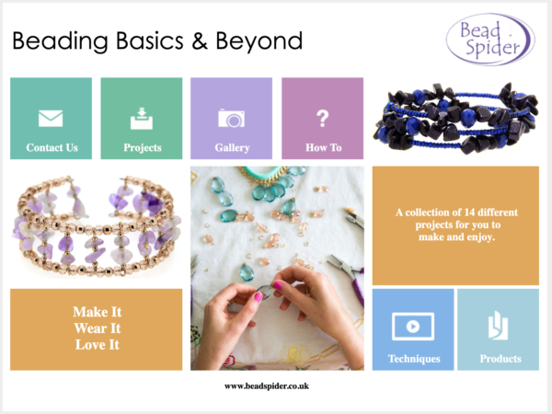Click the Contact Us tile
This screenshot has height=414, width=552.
coord(51,119)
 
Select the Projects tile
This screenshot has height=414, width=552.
coord(142,119)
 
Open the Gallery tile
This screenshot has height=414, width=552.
coord(231,119)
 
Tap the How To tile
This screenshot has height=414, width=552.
coord(323,119)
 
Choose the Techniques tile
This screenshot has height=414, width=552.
coord(413,329)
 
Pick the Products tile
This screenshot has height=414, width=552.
coord(498,329)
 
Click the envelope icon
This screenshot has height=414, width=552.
coord(51,119)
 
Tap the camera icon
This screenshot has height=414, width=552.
coord(231,119)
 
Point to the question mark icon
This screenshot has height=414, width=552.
coord(323,119)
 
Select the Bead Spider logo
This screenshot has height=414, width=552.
coord(490,40)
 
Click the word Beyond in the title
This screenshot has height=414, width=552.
coord(259,41)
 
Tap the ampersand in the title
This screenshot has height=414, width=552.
coord(200,40)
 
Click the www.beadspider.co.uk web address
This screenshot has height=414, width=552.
coord(267,386)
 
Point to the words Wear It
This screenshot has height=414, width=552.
coord(98,328)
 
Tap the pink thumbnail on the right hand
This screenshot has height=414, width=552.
coord(278,285)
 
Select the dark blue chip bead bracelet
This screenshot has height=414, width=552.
coord(456,118)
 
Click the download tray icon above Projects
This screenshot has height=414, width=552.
coord(142,119)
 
